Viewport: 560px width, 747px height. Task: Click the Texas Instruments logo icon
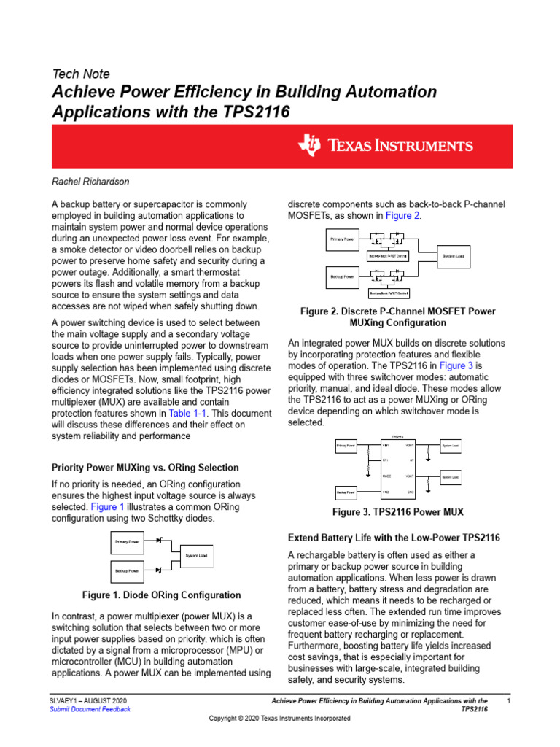(309, 145)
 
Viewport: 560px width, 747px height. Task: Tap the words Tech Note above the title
(81, 74)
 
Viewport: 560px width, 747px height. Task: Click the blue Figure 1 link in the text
(107, 506)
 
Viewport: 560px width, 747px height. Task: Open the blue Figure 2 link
(402, 216)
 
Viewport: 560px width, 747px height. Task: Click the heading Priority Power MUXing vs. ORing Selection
(144, 467)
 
